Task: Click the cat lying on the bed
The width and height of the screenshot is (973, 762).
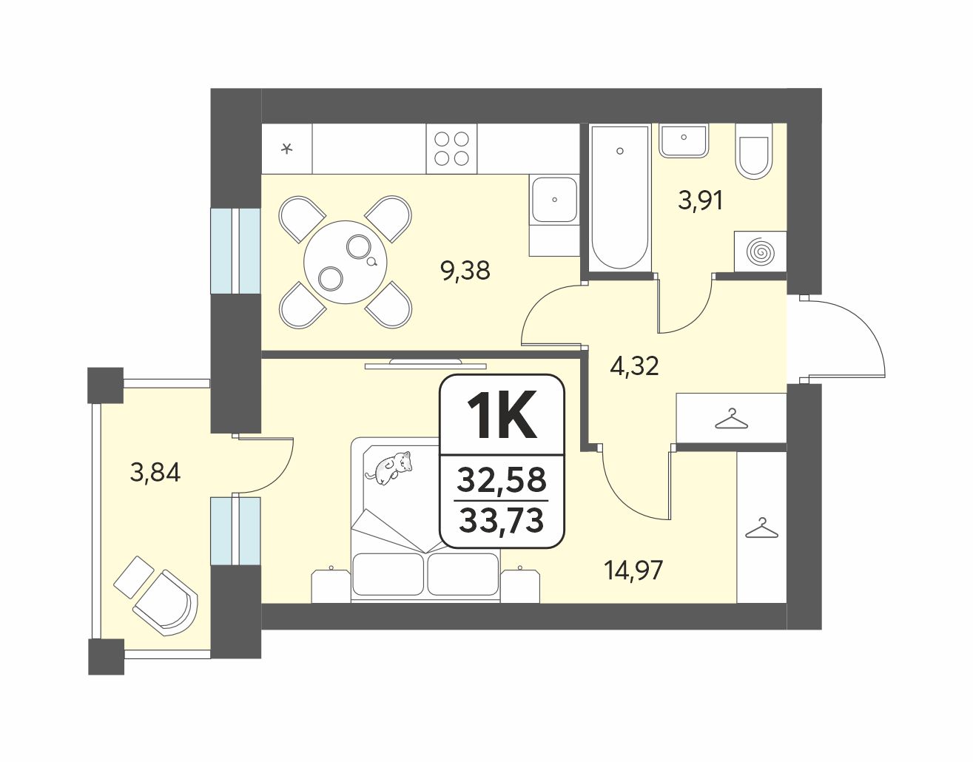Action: point(388,468)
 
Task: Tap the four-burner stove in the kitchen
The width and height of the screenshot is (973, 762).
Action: point(451,149)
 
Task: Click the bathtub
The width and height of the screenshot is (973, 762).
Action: point(620,198)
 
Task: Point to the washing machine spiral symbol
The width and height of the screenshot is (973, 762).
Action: point(761,252)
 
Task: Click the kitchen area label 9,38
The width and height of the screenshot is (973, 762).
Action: point(465,271)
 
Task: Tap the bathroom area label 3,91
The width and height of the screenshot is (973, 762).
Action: point(701,200)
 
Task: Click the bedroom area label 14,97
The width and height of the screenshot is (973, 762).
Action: point(633,571)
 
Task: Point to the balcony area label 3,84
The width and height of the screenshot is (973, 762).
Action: point(155,472)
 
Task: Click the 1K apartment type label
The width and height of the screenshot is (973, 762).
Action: point(502,414)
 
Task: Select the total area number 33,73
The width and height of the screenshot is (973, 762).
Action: point(502,521)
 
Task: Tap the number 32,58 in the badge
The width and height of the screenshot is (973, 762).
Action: point(502,479)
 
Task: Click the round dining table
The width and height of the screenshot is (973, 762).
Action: point(345,263)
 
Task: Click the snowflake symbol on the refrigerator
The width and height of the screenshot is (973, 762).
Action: point(286,148)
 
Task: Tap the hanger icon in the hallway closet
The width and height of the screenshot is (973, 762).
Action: point(732,419)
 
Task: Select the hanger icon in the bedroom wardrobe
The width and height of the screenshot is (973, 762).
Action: point(761,527)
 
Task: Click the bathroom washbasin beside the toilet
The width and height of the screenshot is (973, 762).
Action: point(684,141)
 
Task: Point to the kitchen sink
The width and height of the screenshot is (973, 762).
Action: point(554,200)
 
